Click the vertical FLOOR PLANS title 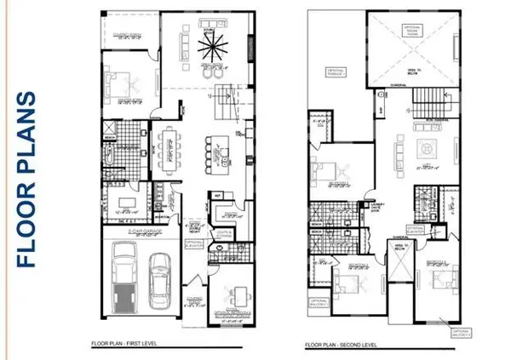(x=27, y=180)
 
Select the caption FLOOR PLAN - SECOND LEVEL (x=344, y=344)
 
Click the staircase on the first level (x=226, y=101)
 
